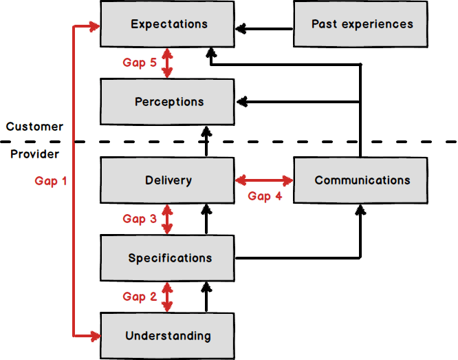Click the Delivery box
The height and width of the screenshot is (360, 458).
point(168,180)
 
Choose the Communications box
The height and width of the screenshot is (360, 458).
point(361,180)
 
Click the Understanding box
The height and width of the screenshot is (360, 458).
point(168,336)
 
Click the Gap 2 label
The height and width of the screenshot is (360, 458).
point(140,297)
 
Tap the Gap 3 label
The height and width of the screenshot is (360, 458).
point(140,219)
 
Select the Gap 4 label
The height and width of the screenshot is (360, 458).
point(265,196)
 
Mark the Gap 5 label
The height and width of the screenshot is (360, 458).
point(140,63)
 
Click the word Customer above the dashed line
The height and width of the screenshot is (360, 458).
point(34,127)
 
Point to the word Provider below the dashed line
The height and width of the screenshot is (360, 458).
point(34,154)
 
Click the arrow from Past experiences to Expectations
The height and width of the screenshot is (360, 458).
point(264,29)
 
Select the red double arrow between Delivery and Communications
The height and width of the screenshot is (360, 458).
point(264,181)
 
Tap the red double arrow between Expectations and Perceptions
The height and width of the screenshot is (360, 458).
point(166,63)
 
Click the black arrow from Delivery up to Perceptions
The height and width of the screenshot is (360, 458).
point(205,141)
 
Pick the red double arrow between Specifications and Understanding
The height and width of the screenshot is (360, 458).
point(166,297)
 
